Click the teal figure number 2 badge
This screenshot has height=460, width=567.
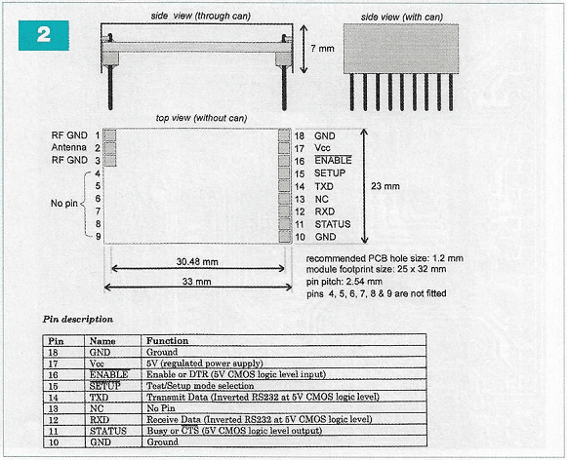[x=44, y=35]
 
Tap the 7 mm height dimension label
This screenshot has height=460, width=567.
[x=322, y=49]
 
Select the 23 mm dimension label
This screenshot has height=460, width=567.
[x=385, y=186]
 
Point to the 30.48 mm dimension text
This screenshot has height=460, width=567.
[x=197, y=261]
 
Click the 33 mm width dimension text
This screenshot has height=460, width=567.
[x=196, y=282]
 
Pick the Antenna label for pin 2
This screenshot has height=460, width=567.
[x=68, y=147]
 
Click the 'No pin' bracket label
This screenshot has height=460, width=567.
[x=64, y=204]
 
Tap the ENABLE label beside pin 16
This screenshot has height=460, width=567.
[x=333, y=160]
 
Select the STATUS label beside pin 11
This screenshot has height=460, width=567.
[x=333, y=224]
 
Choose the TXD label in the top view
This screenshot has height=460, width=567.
[x=324, y=186]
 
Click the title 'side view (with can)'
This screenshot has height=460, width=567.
[x=402, y=17]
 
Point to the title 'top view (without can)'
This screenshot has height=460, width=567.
[x=201, y=118]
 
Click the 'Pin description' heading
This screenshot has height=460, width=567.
[x=78, y=320]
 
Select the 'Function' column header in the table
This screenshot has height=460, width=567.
[x=167, y=341]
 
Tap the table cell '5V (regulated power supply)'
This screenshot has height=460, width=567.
[x=205, y=364]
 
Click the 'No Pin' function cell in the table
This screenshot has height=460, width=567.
[x=161, y=408]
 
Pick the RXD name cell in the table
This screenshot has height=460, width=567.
[x=100, y=420]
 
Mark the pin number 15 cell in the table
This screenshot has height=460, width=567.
[x=53, y=386]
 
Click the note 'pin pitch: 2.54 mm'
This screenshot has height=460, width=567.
[x=344, y=282]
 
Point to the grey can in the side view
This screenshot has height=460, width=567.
[x=401, y=49]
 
